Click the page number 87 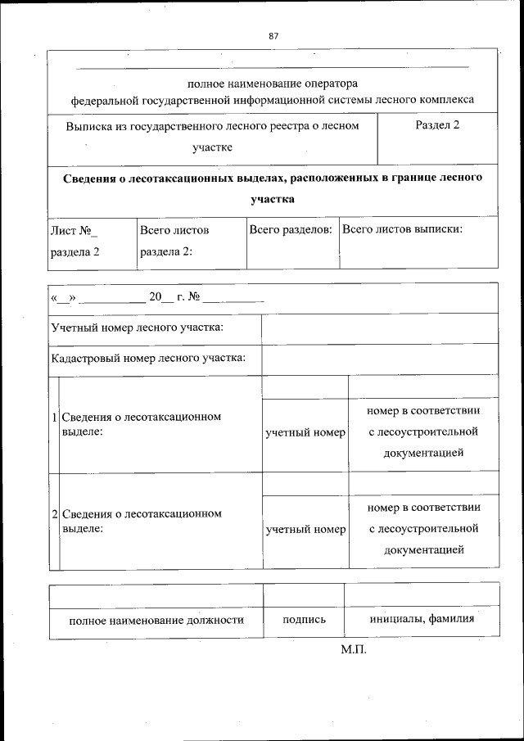pos(273,35)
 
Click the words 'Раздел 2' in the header pos(437,126)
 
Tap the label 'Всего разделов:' pos(291,230)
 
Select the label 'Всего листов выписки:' pos(402,229)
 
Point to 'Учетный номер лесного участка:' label pos(138,328)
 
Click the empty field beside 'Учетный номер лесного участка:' pos(379,328)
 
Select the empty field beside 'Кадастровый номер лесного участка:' pos(379,358)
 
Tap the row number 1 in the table pos(54,418)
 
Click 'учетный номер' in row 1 pos(305,431)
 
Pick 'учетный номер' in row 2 pos(305,529)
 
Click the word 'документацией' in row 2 pos(423,549)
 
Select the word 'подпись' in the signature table pos(304,620)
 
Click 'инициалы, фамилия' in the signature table pos(421,619)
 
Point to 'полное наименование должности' pos(156,620)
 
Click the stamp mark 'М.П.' pos(355,650)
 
